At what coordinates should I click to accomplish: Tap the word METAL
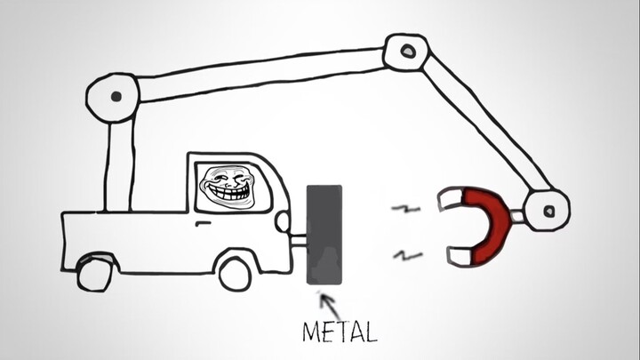point(339,332)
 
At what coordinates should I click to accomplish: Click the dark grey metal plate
point(324,234)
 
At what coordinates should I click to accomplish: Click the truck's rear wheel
point(94,273)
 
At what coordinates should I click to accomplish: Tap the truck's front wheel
point(236,271)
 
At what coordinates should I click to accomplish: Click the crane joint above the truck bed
point(113,94)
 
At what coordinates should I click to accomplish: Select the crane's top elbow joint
point(406,52)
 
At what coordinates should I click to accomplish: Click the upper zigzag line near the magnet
point(406,210)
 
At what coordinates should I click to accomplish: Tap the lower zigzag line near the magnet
point(408,256)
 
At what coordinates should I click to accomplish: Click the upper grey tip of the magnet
point(449,202)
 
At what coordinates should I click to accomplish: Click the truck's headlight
point(282,221)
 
